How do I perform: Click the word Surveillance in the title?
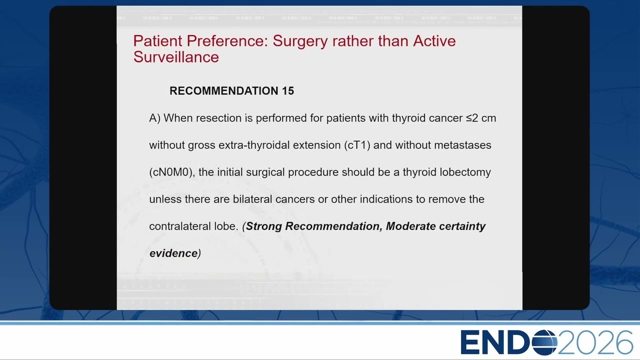pyautogui.click(x=176, y=57)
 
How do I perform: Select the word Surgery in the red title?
pyautogui.click(x=300, y=41)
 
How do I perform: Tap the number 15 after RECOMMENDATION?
pyautogui.click(x=288, y=91)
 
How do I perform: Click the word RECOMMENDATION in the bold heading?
pyautogui.click(x=224, y=91)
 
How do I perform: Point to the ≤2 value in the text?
pyautogui.click(x=471, y=118)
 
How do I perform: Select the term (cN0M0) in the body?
pyautogui.click(x=172, y=172)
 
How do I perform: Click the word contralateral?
pyautogui.click(x=180, y=226)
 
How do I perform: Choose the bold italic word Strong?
pyautogui.click(x=264, y=226)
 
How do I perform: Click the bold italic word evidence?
pyautogui.click(x=173, y=253)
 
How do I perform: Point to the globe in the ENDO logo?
pyautogui.click(x=544, y=342)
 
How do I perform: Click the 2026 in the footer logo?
pyautogui.click(x=595, y=342)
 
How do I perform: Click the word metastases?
pyautogui.click(x=462, y=145)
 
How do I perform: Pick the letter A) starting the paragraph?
pyautogui.click(x=155, y=118)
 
